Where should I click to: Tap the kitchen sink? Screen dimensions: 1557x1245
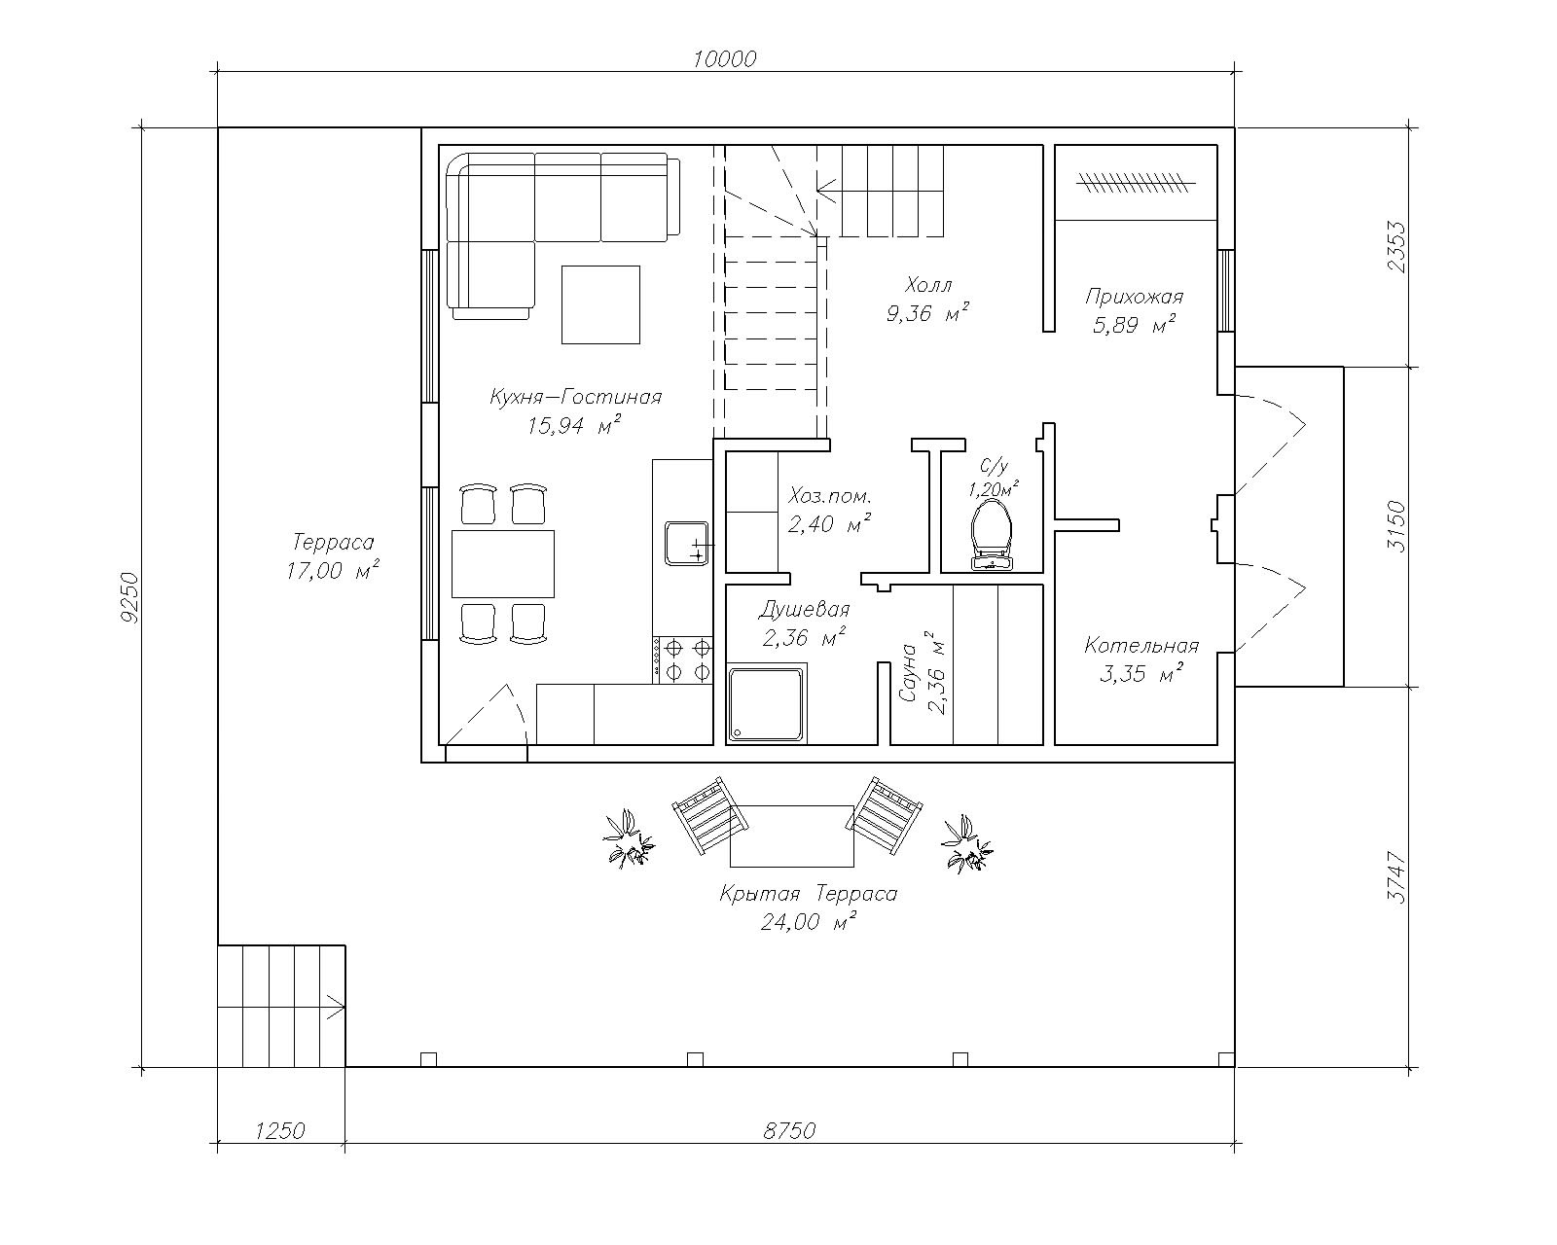(687, 544)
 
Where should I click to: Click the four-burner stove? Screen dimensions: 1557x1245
(683, 659)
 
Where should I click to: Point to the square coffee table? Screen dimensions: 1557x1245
(600, 304)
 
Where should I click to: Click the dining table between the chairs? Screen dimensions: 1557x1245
(503, 564)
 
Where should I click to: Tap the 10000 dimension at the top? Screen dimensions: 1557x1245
(724, 59)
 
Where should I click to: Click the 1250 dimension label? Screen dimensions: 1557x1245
(280, 1130)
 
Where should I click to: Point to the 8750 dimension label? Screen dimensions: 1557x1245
(789, 1130)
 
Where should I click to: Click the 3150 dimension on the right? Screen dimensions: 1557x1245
(1396, 526)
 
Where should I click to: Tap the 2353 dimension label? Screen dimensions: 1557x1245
(1396, 247)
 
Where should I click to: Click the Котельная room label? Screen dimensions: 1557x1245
(1141, 645)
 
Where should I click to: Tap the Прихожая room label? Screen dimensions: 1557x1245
(1134, 297)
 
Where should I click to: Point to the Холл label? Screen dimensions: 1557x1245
(928, 284)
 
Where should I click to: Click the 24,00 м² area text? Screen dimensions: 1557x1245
(808, 922)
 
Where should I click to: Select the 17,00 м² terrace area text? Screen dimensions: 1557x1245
(332, 571)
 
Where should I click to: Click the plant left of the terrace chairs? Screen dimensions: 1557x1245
(628, 838)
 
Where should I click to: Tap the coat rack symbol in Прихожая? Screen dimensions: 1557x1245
(1135, 183)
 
